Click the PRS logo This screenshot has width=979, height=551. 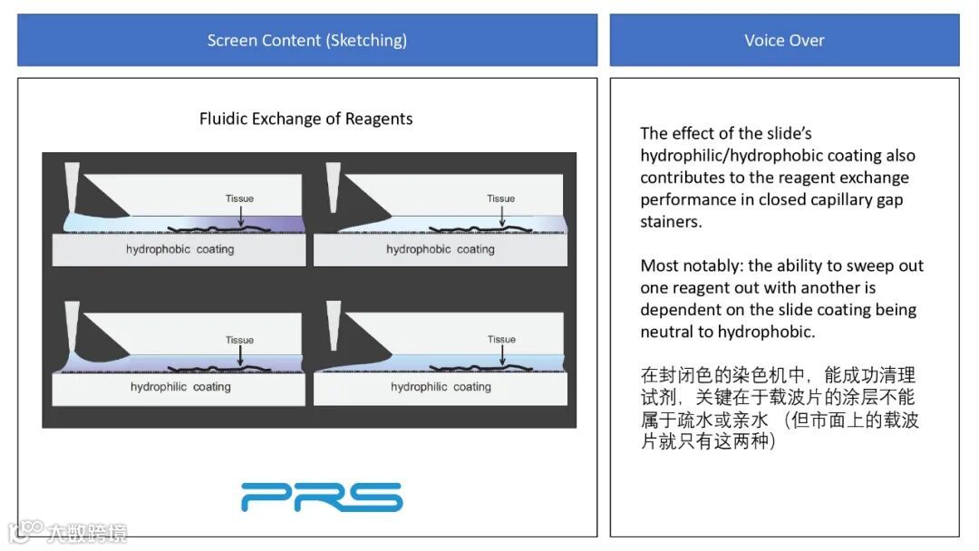coord(321,497)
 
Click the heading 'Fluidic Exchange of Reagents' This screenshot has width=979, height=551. coord(306,119)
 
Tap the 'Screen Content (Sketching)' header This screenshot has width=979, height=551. coord(306,40)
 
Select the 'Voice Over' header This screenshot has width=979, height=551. coord(784,40)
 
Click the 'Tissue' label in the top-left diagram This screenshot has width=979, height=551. coord(239,198)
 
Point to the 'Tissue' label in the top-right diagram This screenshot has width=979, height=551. coord(500,198)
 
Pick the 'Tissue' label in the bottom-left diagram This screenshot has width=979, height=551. coord(239,340)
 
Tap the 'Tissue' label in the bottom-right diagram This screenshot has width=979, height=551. coord(501,339)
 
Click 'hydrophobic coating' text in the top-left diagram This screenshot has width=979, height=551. coord(179,249)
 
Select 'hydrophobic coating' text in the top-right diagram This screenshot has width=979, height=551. coord(441,249)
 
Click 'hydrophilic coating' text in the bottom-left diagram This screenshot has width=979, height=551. coord(179,387)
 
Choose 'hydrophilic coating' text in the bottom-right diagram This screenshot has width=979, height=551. coord(441,387)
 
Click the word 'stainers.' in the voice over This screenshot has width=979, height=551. coord(671,222)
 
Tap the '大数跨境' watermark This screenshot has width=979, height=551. coord(86,532)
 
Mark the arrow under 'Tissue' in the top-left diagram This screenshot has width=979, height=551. coord(240,214)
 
